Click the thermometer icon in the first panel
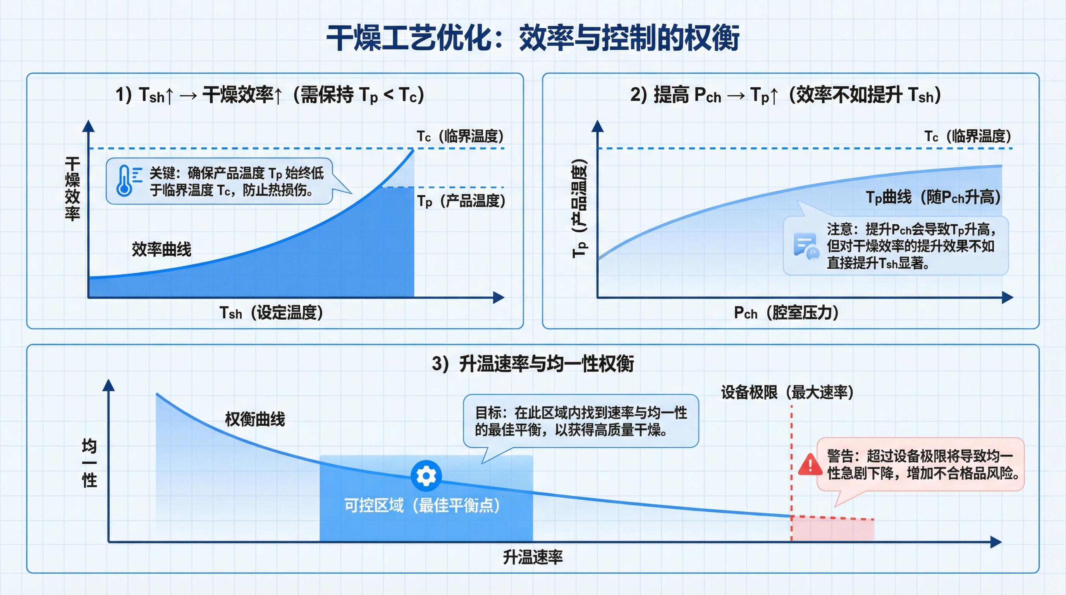click(x=124, y=181)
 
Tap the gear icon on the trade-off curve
click(x=426, y=476)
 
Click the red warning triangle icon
click(x=810, y=464)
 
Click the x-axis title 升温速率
click(x=533, y=557)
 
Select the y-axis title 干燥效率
click(x=72, y=189)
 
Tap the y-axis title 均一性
click(x=89, y=463)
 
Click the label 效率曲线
click(x=162, y=249)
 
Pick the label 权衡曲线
click(x=255, y=419)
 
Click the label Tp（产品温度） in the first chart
click(x=461, y=201)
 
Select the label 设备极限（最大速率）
click(x=787, y=392)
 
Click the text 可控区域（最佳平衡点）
click(x=422, y=505)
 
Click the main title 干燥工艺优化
click(x=414, y=38)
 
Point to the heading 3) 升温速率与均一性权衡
click(x=533, y=364)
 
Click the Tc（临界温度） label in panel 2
click(x=968, y=136)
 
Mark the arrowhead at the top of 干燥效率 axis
click(x=88, y=126)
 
